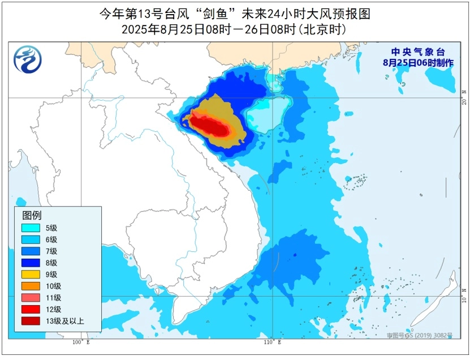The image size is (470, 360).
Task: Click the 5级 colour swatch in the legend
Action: (31, 228)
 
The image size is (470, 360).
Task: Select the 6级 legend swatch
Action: (31, 239)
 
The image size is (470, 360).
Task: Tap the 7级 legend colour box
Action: (31, 251)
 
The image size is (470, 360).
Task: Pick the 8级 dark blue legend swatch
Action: (31, 263)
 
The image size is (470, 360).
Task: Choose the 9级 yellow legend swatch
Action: (31, 275)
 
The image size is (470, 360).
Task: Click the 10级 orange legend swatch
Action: (31, 286)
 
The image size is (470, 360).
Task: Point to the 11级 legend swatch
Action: (31, 298)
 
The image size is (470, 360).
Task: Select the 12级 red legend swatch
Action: (31, 310)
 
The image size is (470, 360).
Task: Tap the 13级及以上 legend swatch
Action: (31, 322)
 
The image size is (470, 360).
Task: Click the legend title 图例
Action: (32, 215)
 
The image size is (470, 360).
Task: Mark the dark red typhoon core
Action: (213, 125)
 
